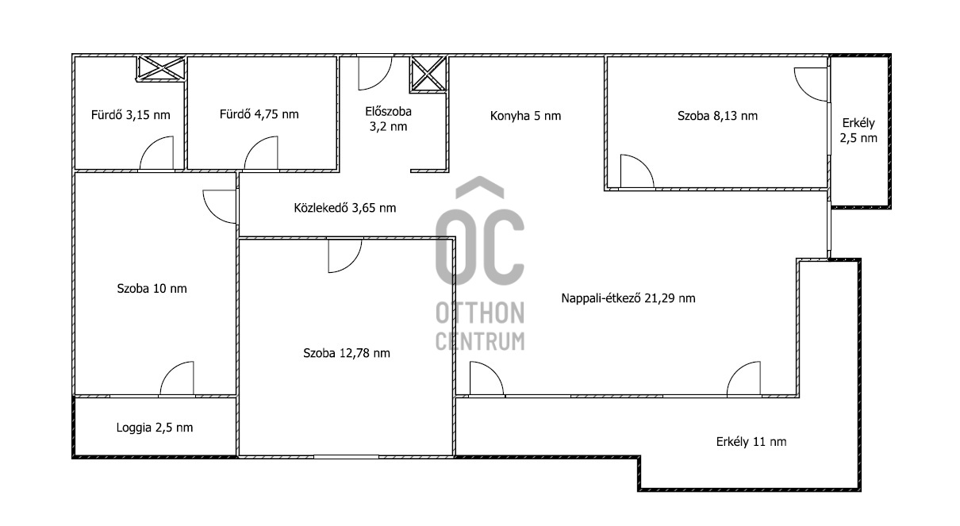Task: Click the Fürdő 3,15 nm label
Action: [x=131, y=115]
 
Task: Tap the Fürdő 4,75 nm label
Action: [x=259, y=114]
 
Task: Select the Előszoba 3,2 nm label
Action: [x=388, y=119]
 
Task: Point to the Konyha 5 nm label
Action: [x=525, y=116]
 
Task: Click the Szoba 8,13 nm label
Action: [x=717, y=116]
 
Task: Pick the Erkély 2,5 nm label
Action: [x=858, y=130]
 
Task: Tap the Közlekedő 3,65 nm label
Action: [x=345, y=208]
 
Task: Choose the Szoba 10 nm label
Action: [x=152, y=289]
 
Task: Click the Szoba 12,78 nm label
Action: [x=347, y=353]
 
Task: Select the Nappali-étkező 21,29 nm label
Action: [x=628, y=298]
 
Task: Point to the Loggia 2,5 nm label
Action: [x=155, y=428]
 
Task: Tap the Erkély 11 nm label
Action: [x=751, y=442]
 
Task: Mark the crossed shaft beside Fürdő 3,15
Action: [x=161, y=68]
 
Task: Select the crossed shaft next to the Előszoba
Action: [x=428, y=74]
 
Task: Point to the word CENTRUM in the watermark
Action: [x=480, y=341]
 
